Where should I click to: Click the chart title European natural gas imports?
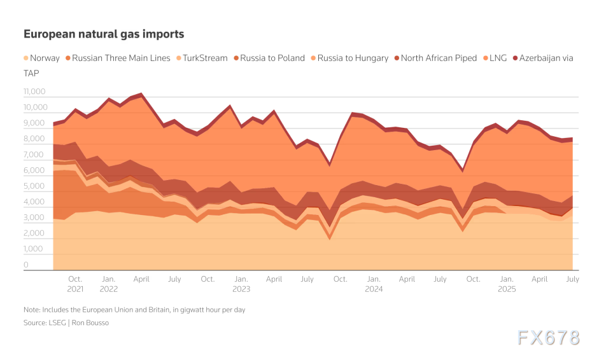pyautogui.click(x=104, y=34)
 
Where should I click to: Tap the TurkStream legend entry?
pyautogui.click(x=205, y=58)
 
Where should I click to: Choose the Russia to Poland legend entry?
pyautogui.click(x=272, y=58)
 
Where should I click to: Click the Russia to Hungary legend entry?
pyautogui.click(x=353, y=58)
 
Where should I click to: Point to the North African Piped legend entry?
pyautogui.click(x=439, y=58)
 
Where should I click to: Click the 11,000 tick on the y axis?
pyautogui.click(x=34, y=92)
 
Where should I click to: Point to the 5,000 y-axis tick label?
pyautogui.click(x=34, y=187)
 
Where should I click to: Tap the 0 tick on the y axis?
pyautogui.click(x=26, y=265)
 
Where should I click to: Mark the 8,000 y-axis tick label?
pyautogui.click(x=34, y=139)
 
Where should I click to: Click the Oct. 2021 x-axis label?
pyautogui.click(x=75, y=284)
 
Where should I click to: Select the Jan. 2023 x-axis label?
pyautogui.click(x=241, y=284)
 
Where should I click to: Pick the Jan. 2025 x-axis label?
pyautogui.click(x=507, y=284)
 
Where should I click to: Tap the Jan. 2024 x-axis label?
pyautogui.click(x=374, y=284)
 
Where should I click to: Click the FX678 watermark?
pyautogui.click(x=548, y=338)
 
